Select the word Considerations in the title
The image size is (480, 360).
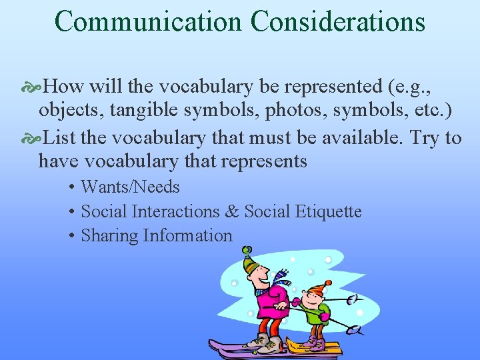click(338, 21)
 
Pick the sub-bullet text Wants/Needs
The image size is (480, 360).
click(130, 187)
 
